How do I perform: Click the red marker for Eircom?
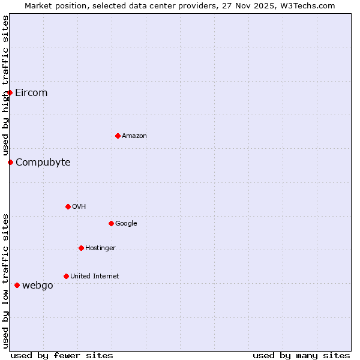click(10, 92)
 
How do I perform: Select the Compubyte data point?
click(10, 162)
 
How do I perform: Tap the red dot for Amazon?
click(118, 136)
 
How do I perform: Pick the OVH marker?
click(68, 206)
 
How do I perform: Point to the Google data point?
click(111, 223)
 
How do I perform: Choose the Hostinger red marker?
click(81, 248)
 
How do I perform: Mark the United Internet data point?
click(66, 276)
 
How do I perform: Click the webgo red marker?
click(17, 285)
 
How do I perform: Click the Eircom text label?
click(31, 92)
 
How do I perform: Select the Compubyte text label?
click(43, 162)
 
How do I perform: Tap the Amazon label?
click(134, 136)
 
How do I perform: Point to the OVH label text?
click(79, 206)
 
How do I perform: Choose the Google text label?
click(126, 223)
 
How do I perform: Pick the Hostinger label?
click(100, 248)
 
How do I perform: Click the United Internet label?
click(95, 276)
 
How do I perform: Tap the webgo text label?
click(38, 285)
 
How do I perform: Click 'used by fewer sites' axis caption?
click(62, 355)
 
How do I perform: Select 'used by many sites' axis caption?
click(301, 355)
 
